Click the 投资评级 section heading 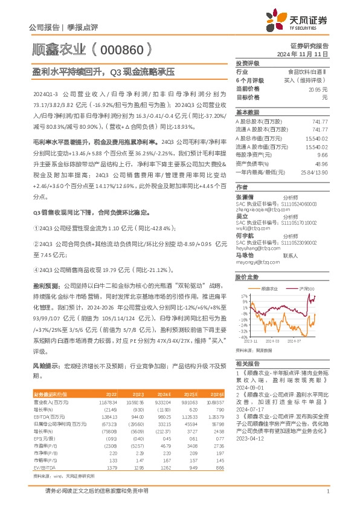click(247, 63)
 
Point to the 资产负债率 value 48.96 click(321, 164)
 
